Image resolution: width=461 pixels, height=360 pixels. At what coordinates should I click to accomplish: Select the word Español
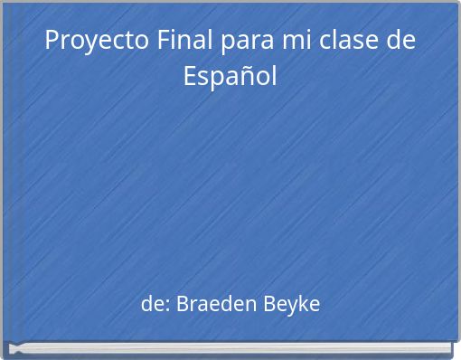coord(230,76)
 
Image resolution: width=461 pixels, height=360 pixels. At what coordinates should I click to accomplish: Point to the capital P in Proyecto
coord(52,41)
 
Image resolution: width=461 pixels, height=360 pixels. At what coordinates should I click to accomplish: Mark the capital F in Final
coord(161,41)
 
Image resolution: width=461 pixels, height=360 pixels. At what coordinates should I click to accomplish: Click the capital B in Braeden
coord(182,305)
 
